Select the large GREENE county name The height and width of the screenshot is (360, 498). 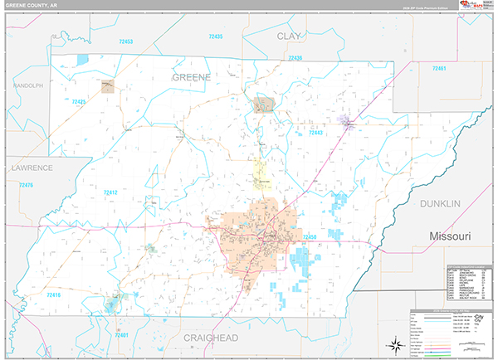(x=191, y=76)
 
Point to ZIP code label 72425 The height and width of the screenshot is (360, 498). (x=79, y=101)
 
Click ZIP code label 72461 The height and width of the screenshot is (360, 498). (x=439, y=68)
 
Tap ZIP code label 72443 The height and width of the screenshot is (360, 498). (x=315, y=132)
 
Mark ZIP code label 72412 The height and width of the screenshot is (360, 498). (x=110, y=192)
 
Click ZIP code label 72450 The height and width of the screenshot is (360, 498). (x=310, y=237)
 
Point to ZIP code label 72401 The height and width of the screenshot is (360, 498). (x=122, y=335)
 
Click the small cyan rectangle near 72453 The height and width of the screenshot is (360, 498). (x=82, y=60)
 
